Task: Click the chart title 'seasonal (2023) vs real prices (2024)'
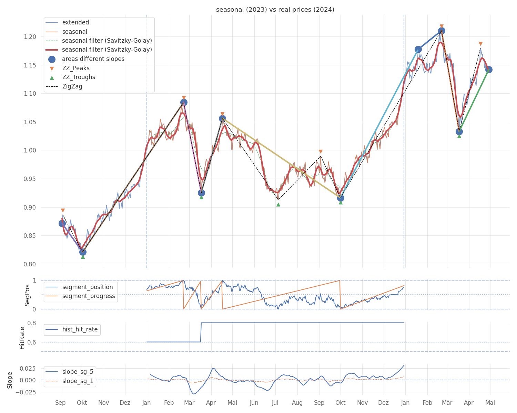(275, 10)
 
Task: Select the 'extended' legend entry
(75, 22)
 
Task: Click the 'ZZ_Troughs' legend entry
(79, 77)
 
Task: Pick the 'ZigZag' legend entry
(72, 86)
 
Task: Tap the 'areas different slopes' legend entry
(93, 59)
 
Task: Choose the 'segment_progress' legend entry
(89, 296)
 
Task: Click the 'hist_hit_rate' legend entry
(80, 329)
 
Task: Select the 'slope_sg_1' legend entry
(78, 381)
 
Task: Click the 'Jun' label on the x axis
(254, 403)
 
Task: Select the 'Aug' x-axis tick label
(297, 403)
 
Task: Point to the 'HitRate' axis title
(22, 338)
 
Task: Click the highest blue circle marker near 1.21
(442, 31)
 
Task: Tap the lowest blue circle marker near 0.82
(83, 252)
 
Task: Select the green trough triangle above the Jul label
(278, 204)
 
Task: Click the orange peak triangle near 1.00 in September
(321, 151)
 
